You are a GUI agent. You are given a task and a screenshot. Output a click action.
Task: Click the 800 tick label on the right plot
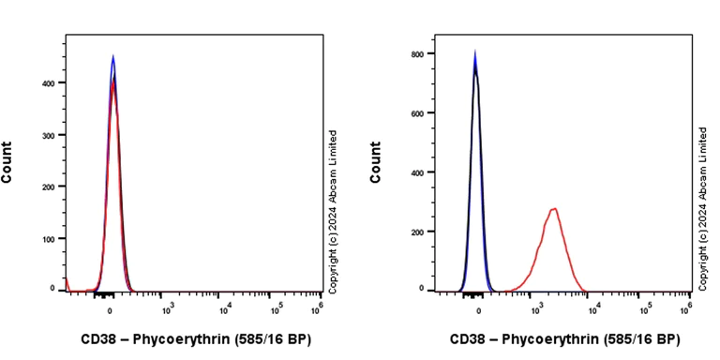420,53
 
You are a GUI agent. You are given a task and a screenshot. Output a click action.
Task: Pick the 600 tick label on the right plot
420,112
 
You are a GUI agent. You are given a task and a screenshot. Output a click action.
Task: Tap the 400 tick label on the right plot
420,172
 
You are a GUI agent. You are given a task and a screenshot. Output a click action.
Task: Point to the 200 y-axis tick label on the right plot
420,232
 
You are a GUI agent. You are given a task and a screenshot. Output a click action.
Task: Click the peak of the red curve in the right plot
554,208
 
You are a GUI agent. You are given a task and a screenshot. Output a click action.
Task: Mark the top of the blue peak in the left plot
112,56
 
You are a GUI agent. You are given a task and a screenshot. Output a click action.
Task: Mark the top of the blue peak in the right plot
474,52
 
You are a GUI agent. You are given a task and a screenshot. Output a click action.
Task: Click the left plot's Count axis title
7,161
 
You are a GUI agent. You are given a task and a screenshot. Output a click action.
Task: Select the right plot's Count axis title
376,161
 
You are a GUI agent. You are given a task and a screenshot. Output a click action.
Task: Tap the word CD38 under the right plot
466,338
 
